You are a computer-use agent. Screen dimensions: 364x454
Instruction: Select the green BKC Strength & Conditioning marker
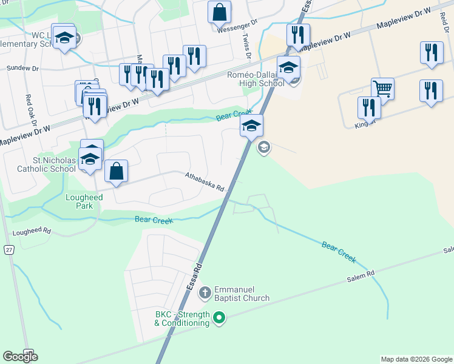pyautogui.click(x=219, y=317)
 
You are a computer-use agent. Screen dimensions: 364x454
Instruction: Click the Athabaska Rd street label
pyautogui.click(x=205, y=181)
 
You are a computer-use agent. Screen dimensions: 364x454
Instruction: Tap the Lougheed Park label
pyautogui.click(x=80, y=201)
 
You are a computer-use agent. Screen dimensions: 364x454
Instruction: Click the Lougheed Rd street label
pyautogui.click(x=32, y=232)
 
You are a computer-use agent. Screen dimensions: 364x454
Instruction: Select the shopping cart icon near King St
pyautogui.click(x=382, y=89)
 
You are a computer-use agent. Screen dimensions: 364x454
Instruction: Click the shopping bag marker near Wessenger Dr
pyautogui.click(x=219, y=12)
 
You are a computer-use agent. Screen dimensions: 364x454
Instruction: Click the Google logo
pyautogui.click(x=20, y=357)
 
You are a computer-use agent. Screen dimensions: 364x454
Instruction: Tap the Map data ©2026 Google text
pyautogui.click(x=416, y=359)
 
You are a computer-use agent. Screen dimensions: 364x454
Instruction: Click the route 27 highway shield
pyautogui.click(x=8, y=249)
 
